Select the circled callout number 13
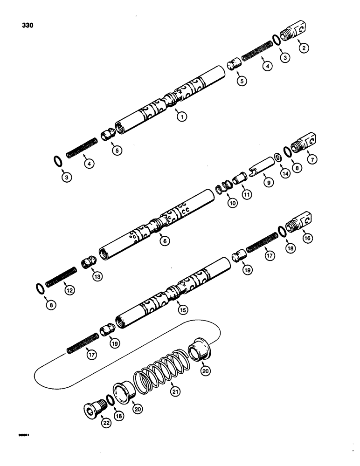[x=97, y=276]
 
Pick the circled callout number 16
[x=307, y=238]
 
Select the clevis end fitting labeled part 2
[x=302, y=31]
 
